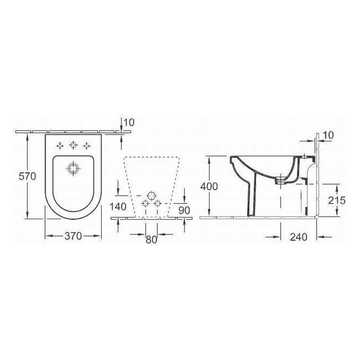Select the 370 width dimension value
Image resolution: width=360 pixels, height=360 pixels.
(73, 237)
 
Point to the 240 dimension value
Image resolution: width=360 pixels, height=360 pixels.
(299, 238)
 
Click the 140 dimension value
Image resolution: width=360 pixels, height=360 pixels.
(119, 206)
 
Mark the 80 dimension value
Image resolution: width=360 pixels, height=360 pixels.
(151, 239)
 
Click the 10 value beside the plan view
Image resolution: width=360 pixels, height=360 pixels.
(128, 123)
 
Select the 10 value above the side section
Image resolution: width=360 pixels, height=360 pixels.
(328, 136)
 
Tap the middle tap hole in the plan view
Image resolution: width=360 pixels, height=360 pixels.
(73, 145)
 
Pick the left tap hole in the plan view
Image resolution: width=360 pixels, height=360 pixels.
(60, 145)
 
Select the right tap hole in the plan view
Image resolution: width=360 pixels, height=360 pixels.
(86, 145)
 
